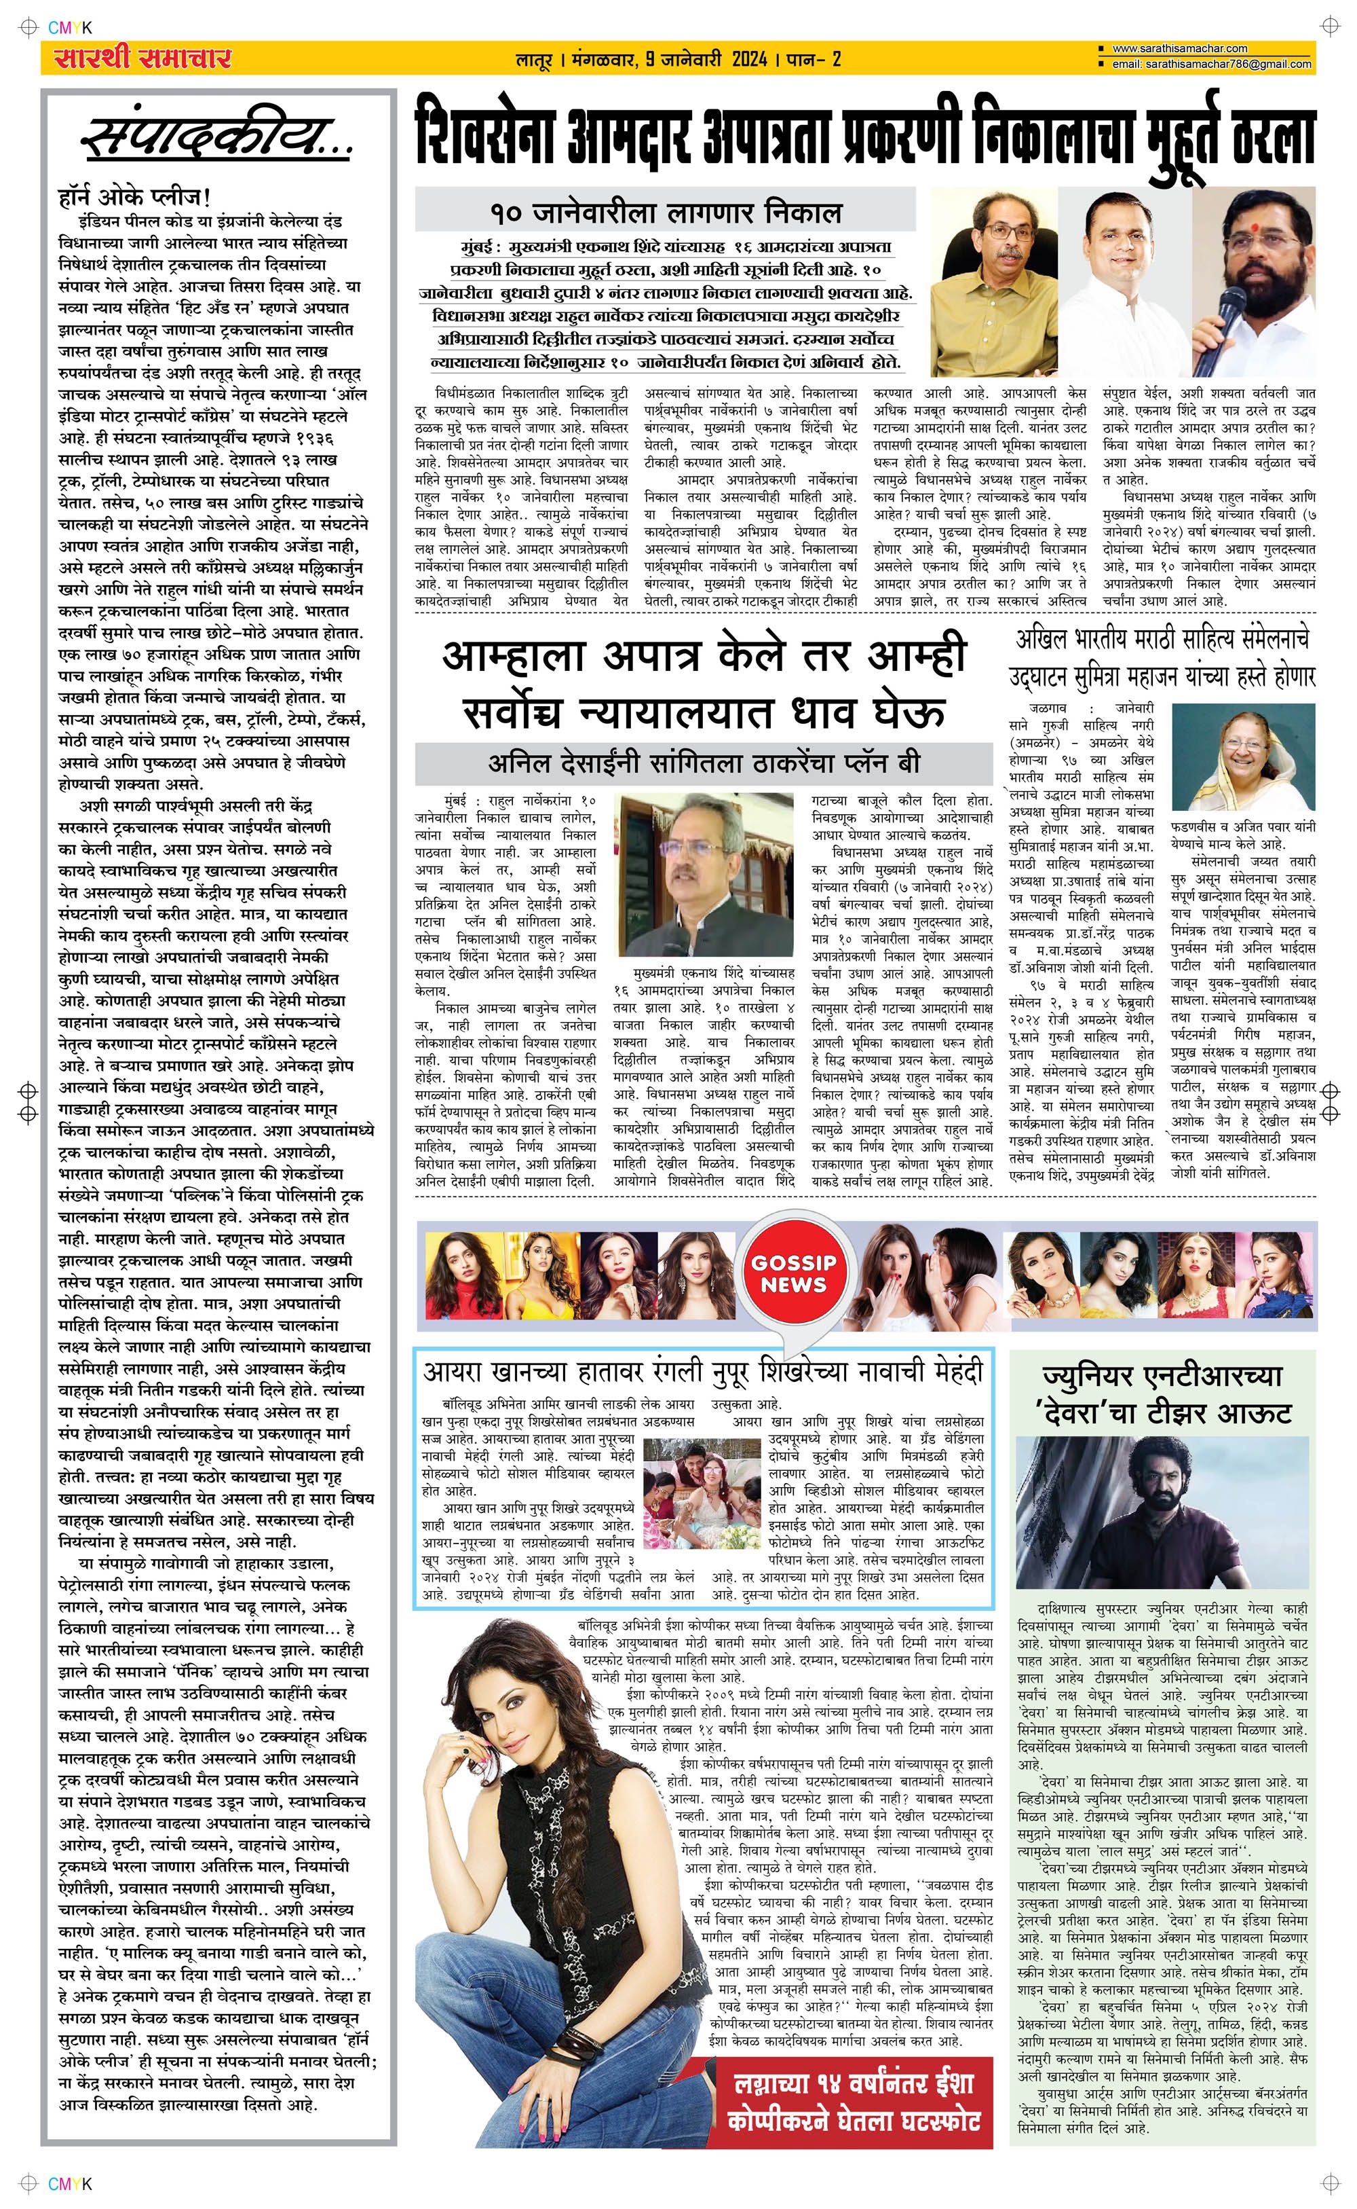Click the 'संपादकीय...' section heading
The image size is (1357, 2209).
tap(215, 140)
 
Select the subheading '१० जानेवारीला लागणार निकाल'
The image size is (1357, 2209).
tap(665, 214)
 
